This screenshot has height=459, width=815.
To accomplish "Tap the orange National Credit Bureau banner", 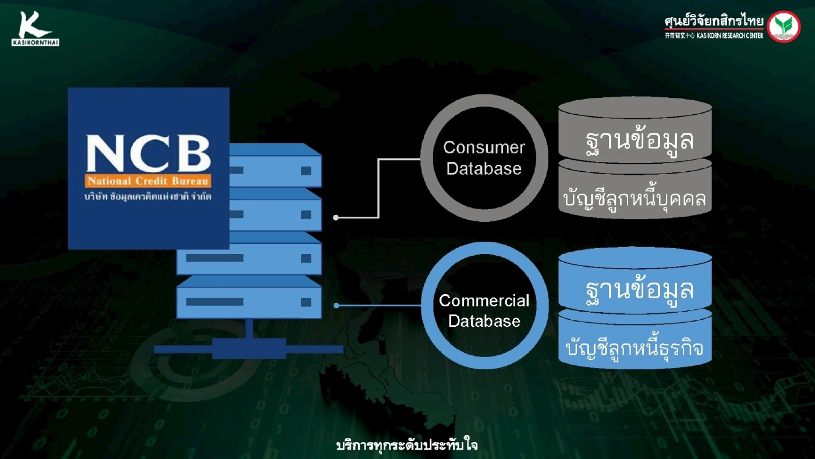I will (x=148, y=181).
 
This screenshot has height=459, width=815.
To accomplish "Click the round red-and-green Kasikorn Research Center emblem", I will (x=784, y=27).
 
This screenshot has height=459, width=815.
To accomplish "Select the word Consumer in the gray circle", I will (x=484, y=148).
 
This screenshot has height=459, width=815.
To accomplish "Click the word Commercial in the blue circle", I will (x=484, y=301).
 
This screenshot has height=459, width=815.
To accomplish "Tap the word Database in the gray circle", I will (x=484, y=169).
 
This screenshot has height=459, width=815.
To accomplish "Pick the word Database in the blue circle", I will (x=484, y=321).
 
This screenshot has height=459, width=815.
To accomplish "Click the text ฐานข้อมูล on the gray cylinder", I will (x=639, y=140).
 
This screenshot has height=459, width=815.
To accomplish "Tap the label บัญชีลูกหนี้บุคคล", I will (x=635, y=199).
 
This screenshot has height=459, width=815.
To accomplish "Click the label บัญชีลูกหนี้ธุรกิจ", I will (x=635, y=348).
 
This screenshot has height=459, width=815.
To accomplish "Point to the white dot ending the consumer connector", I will (x=336, y=218).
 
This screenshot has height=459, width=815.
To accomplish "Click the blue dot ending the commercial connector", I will (x=336, y=305).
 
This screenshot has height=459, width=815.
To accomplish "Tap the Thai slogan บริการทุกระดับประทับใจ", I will (x=407, y=446).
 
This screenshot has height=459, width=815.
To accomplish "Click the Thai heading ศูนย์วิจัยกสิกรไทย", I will (x=714, y=22).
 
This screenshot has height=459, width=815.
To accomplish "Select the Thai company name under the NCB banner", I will (x=148, y=196).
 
